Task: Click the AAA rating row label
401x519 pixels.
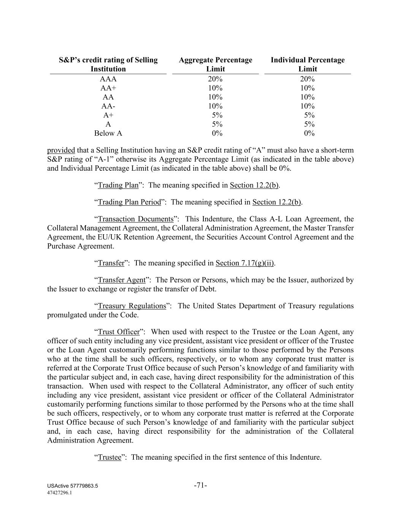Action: click(108, 79)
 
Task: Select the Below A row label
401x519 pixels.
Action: click(108, 133)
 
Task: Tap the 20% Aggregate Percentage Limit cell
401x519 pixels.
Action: click(215, 79)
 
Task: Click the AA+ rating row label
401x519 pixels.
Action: click(108, 88)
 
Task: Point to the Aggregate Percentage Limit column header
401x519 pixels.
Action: click(215, 65)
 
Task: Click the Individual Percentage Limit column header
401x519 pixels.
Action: click(307, 65)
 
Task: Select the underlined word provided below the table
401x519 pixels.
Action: click(61, 150)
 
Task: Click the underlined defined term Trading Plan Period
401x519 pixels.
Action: click(129, 202)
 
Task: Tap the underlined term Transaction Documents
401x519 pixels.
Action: click(136, 219)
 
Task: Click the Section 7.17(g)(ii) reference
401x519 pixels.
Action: click(244, 263)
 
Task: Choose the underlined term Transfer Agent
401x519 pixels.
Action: click(122, 280)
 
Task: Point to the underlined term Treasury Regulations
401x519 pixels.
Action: click(132, 306)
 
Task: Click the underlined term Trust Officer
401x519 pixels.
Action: click(119, 332)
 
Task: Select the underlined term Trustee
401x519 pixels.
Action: click(109, 457)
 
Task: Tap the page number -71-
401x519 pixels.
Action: click(200, 486)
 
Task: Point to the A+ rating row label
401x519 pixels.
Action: click(108, 115)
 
